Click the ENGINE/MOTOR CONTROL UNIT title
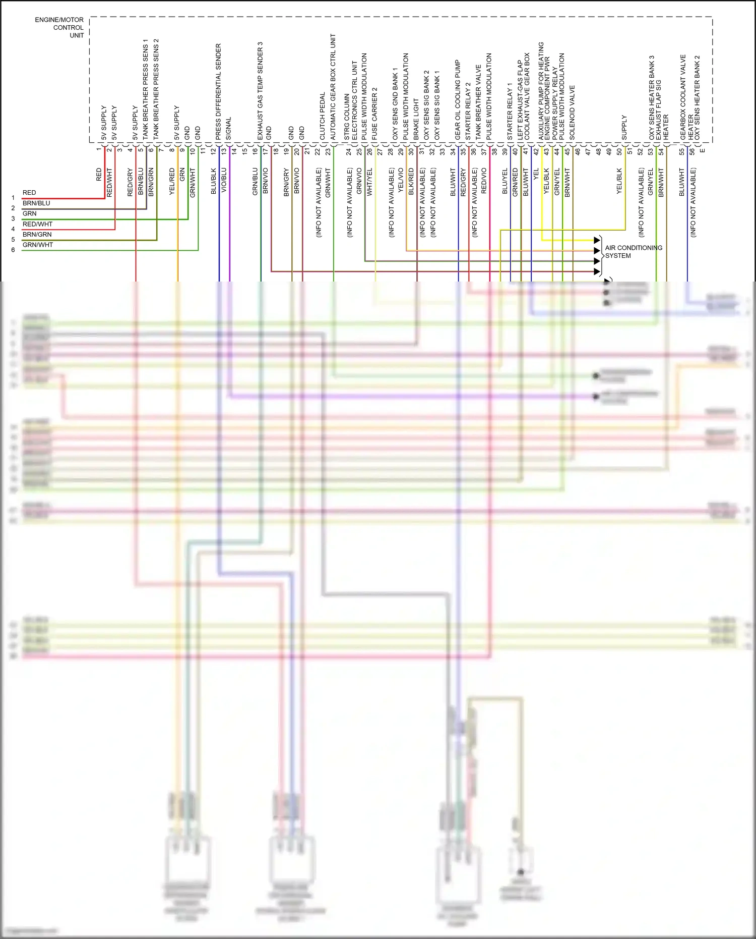59,27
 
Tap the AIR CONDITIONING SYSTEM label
633,252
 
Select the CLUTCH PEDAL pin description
323,116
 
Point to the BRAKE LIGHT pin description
416,120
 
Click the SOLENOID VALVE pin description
572,113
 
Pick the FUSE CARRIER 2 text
374,114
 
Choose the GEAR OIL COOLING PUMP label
458,100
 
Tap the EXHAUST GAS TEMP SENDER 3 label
260,91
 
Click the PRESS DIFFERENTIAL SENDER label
218,92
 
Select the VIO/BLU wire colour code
224,180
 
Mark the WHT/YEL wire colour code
369,182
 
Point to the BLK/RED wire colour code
411,182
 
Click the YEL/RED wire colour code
172,182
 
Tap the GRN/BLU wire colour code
255,182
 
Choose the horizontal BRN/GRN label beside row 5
37,235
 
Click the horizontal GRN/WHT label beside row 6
37,245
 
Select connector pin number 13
224,151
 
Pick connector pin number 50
619,151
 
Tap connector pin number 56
692,151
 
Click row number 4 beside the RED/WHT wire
13,229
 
